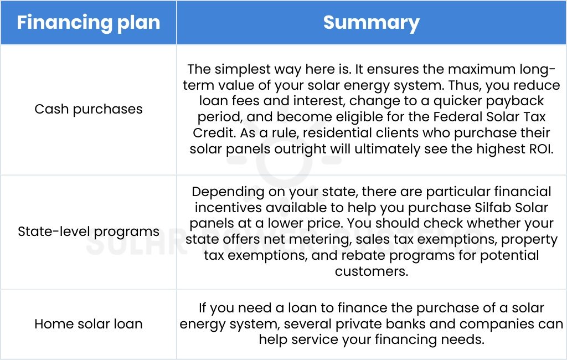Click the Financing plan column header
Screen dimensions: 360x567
click(x=89, y=23)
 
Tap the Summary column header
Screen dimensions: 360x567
click(x=371, y=23)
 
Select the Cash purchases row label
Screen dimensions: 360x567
click(x=89, y=109)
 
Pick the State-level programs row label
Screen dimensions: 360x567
click(x=89, y=232)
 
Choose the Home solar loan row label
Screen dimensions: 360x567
click(x=89, y=324)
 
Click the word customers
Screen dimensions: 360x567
click(x=371, y=272)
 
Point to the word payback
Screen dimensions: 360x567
click(x=507, y=101)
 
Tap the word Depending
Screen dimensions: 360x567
click(x=227, y=192)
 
